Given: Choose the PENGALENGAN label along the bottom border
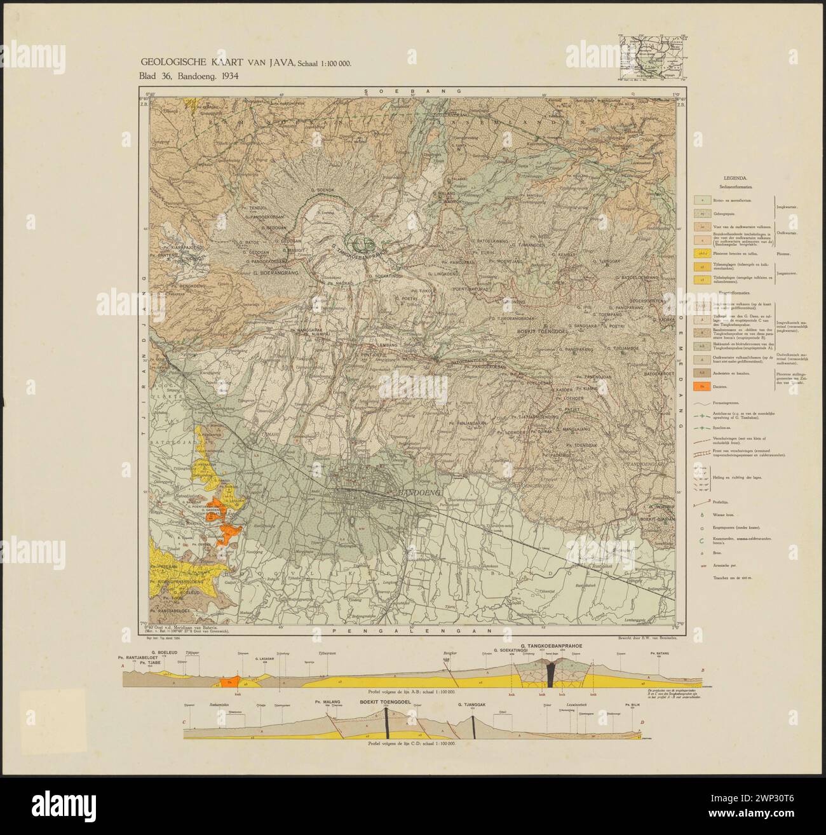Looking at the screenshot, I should click(x=412, y=631).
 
